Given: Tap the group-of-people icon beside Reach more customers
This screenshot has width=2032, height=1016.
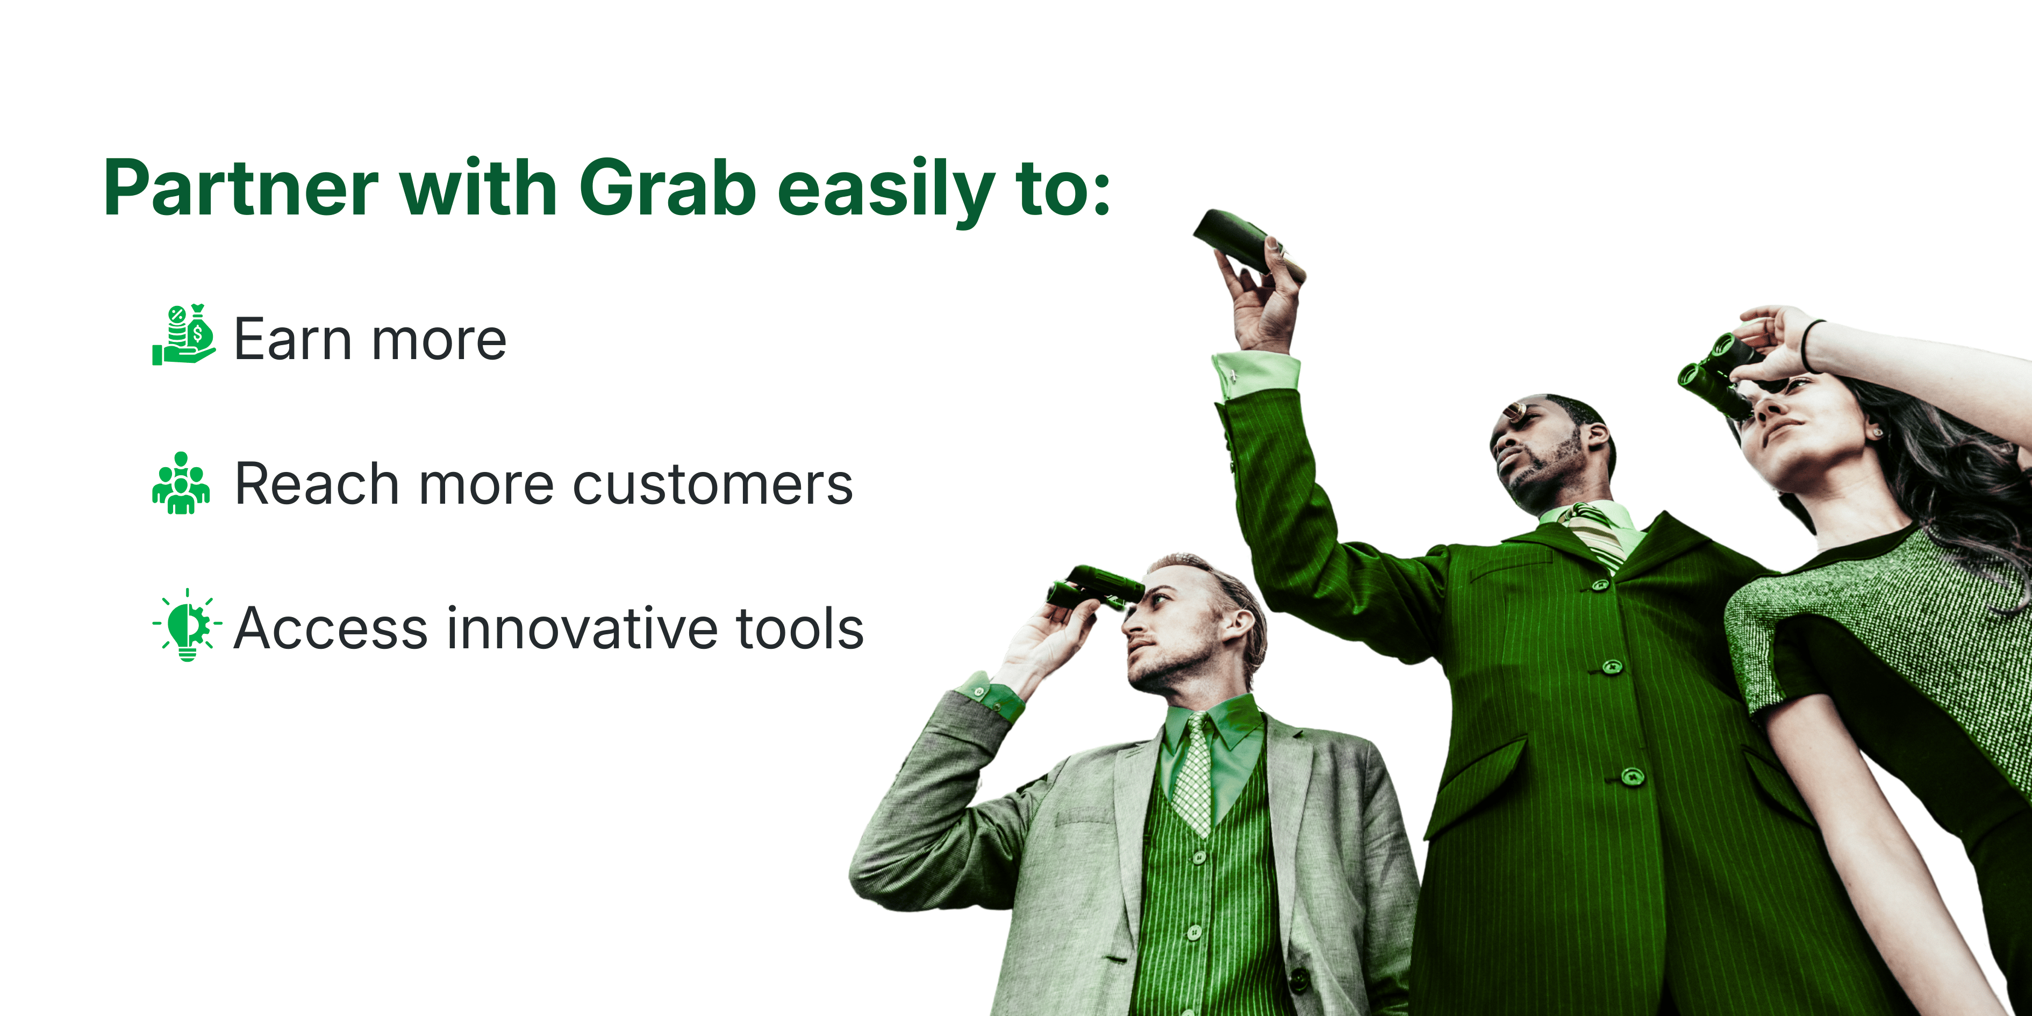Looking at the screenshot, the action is click(181, 483).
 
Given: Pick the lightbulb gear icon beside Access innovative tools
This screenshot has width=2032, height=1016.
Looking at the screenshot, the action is click(187, 624).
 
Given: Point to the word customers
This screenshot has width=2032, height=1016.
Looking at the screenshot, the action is click(712, 484).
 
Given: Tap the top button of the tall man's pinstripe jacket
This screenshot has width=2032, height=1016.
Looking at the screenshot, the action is click(1600, 585).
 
